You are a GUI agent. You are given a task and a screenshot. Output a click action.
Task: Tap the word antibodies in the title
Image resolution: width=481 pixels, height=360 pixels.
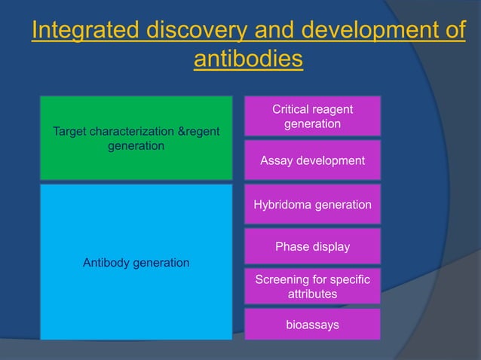pyautogui.click(x=248, y=59)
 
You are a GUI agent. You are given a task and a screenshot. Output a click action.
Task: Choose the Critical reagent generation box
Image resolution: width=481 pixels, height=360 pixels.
pyautogui.click(x=312, y=116)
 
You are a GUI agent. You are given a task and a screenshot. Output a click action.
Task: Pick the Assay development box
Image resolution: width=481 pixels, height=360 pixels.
pyautogui.click(x=312, y=160)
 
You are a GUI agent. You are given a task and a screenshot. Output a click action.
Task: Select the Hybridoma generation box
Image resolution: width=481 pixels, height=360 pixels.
pyautogui.click(x=312, y=204)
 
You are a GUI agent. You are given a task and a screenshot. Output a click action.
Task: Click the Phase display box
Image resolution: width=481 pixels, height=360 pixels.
pyautogui.click(x=312, y=246)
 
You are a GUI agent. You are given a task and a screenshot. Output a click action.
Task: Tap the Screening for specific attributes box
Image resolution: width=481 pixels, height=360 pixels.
pyautogui.click(x=312, y=286)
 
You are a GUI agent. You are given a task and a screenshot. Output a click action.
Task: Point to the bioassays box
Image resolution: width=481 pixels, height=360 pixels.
pyautogui.click(x=312, y=325)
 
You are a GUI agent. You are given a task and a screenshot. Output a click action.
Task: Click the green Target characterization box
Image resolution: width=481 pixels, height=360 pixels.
pyautogui.click(x=136, y=138)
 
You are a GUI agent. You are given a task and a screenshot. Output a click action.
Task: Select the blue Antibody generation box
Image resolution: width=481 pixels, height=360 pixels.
pyautogui.click(x=136, y=262)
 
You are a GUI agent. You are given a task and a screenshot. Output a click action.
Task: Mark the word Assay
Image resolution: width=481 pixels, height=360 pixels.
pyautogui.click(x=275, y=160)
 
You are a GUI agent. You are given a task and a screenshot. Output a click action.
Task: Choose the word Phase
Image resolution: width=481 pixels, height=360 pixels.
pyautogui.click(x=291, y=246)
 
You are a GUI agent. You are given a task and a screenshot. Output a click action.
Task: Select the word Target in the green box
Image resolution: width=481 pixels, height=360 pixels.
pyautogui.click(x=69, y=132)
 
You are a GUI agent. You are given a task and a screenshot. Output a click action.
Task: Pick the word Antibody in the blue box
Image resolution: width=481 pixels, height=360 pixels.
pyautogui.click(x=106, y=262)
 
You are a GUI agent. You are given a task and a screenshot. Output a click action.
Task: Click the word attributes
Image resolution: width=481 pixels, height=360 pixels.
pyautogui.click(x=312, y=294)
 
